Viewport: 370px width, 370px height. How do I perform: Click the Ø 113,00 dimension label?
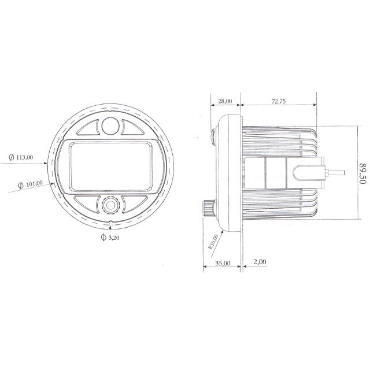(x=21, y=157)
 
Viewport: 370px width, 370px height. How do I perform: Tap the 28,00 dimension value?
(x=223, y=101)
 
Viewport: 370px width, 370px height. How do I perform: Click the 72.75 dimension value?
(x=279, y=101)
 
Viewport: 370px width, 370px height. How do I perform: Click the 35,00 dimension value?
(x=222, y=262)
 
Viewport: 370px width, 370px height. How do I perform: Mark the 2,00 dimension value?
(x=260, y=262)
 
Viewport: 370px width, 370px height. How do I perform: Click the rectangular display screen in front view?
(x=110, y=165)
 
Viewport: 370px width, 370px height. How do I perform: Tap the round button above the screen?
(x=110, y=125)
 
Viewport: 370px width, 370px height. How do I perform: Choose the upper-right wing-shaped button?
(x=132, y=128)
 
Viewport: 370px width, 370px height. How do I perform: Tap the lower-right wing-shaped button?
(x=132, y=203)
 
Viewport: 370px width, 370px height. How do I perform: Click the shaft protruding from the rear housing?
(x=336, y=172)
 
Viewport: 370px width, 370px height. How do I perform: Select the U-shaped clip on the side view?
(x=305, y=172)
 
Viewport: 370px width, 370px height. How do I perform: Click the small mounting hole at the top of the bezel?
(x=110, y=108)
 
